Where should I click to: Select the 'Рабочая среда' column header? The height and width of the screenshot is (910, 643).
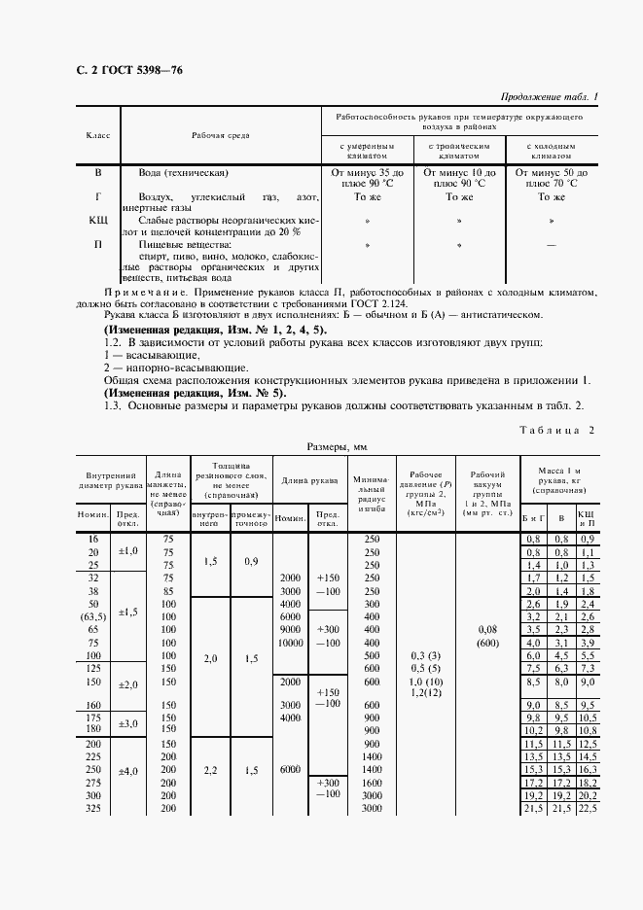tap(219, 135)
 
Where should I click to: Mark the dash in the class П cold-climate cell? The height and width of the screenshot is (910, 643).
tap(552, 246)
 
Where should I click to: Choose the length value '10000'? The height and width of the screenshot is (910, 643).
tap(290, 643)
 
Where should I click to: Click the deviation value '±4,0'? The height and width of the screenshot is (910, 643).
tap(127, 772)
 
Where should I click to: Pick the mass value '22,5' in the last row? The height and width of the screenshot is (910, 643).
tap(587, 809)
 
